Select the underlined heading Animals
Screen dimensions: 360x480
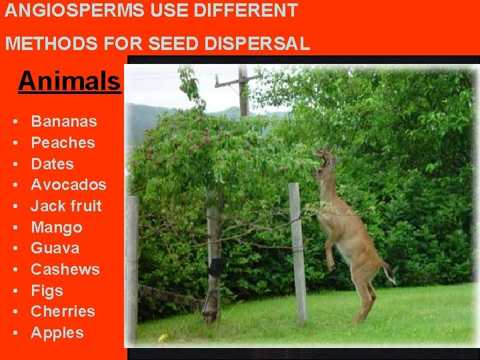point(69,81)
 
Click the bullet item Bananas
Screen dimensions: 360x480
point(64,121)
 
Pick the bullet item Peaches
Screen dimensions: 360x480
point(63,143)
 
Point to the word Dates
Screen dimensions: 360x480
point(52,164)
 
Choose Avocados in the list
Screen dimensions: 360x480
point(68,185)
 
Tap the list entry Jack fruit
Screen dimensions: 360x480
point(66,206)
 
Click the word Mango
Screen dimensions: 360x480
point(57,228)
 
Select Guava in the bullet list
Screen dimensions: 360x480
point(55,249)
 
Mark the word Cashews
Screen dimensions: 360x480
point(65,270)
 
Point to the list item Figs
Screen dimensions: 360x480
point(47,291)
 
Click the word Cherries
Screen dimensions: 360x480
point(63,311)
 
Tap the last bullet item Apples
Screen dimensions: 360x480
point(57,333)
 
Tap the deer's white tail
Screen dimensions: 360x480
point(389,273)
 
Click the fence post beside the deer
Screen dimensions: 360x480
point(298,253)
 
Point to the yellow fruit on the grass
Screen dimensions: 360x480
point(163,337)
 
